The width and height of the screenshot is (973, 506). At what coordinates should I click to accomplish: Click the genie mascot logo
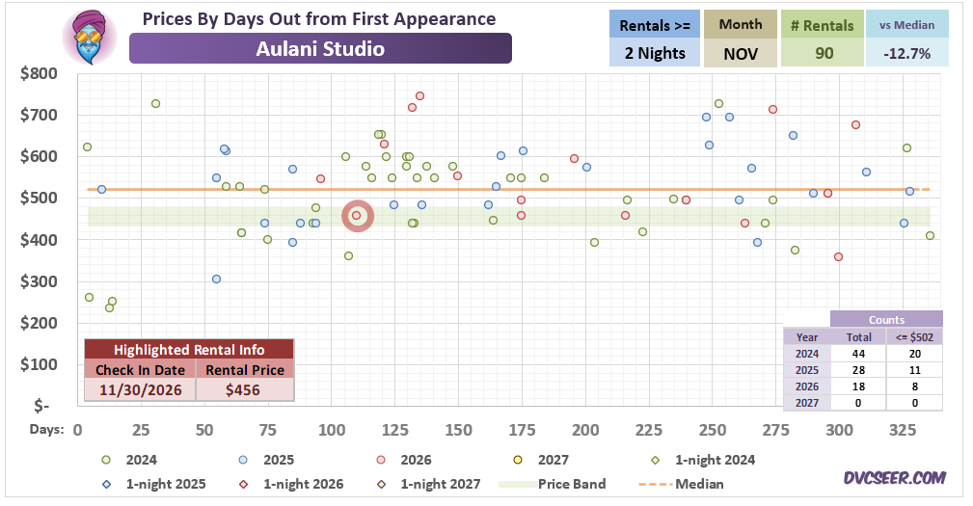[90, 38]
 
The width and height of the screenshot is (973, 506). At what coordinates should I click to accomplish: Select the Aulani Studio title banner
[320, 48]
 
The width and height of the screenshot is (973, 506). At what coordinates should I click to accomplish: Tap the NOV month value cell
[741, 53]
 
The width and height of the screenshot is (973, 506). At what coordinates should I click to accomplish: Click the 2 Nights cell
[655, 53]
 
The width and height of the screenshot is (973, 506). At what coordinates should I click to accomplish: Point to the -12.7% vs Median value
[907, 53]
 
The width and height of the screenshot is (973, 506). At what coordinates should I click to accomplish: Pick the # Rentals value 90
[823, 53]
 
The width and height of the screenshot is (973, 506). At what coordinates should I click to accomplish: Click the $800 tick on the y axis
[40, 74]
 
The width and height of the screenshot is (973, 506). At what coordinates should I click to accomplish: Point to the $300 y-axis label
[40, 281]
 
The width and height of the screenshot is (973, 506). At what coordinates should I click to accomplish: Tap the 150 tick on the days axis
[459, 430]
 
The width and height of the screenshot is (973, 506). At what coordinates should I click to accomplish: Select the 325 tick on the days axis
[903, 430]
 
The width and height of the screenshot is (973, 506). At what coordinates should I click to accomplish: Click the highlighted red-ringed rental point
[357, 216]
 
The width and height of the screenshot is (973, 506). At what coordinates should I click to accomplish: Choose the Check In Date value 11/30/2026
[141, 390]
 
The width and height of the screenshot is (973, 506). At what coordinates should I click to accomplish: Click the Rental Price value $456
[243, 390]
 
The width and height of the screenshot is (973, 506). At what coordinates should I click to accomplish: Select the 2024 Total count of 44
[859, 354]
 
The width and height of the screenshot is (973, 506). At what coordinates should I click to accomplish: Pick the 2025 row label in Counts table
[807, 370]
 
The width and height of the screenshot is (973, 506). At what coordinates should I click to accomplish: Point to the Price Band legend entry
[553, 484]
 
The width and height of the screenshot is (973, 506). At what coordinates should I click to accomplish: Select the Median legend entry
[680, 484]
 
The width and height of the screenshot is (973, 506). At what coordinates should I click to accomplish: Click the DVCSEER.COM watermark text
[894, 477]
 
